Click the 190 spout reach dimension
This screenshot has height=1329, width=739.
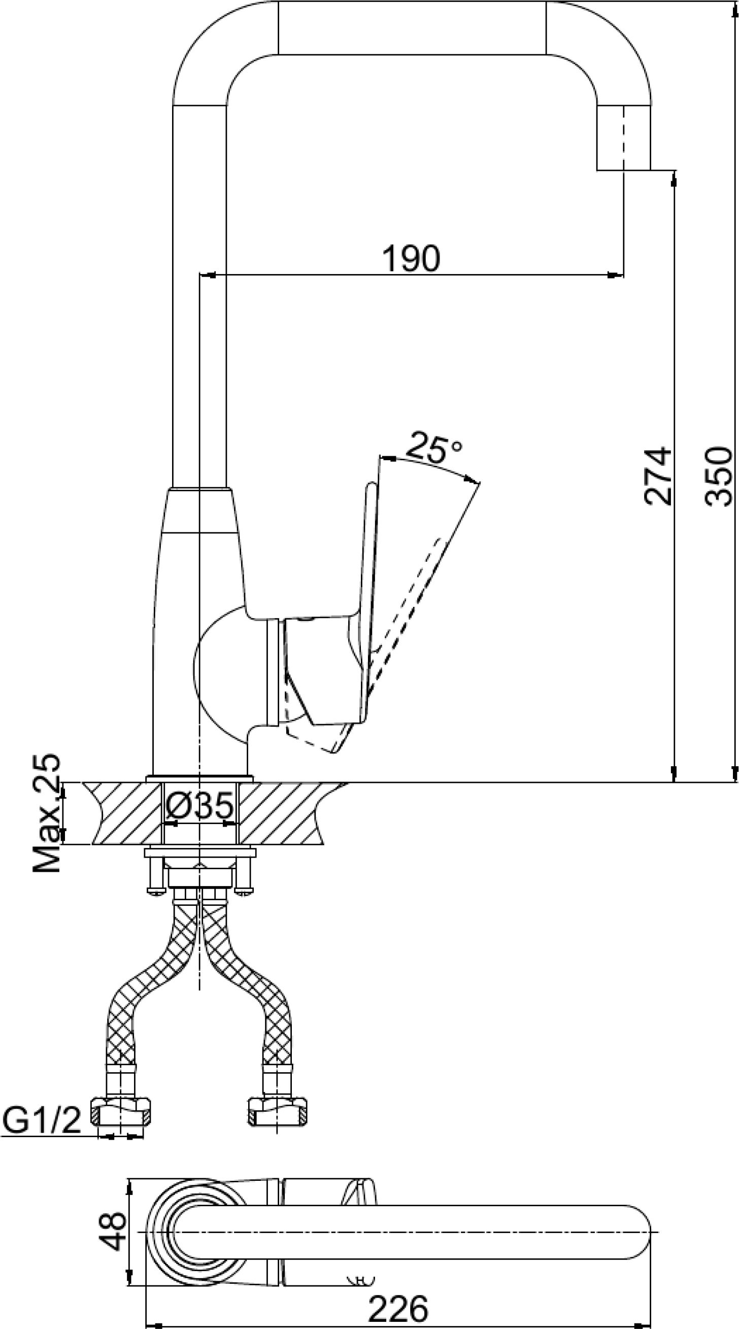[411, 258]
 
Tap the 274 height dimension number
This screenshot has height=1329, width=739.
[657, 476]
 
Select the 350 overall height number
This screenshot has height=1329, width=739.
[718, 476]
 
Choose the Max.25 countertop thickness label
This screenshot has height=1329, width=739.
[47, 813]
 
